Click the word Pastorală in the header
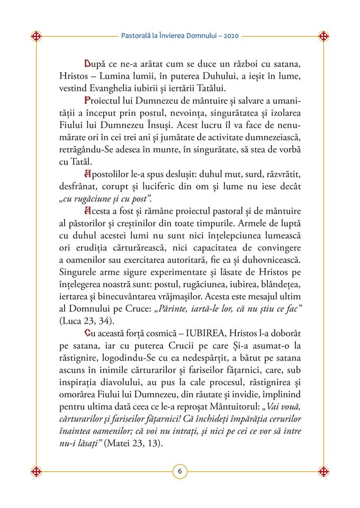[x=137, y=37]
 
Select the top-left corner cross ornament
[x=37, y=37]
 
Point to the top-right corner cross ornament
[x=323, y=37]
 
